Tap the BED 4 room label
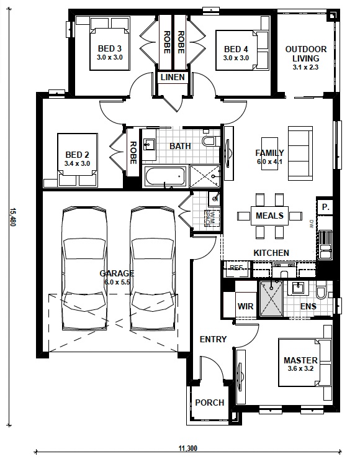(236, 49)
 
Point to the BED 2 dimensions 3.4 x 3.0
(77, 164)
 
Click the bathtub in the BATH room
(164, 176)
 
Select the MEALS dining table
(269, 216)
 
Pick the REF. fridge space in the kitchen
(236, 268)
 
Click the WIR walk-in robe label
(245, 306)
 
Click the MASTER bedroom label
(300, 360)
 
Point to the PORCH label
(210, 403)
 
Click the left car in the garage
(85, 267)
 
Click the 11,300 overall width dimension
(187, 448)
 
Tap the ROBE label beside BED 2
(133, 153)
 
